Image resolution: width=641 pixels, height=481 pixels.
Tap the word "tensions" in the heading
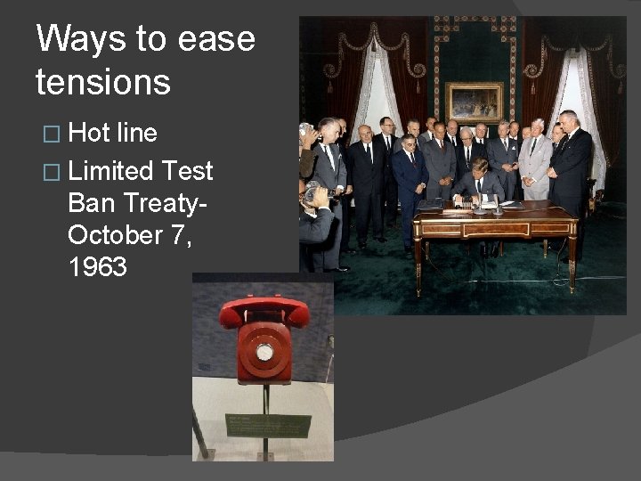click(102, 82)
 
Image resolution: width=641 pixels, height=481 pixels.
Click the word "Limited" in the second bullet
click(110, 170)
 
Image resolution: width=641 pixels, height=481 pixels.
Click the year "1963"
click(97, 266)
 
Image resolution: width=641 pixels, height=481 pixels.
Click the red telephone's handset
click(264, 311)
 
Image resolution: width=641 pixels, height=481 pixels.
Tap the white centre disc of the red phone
click(264, 352)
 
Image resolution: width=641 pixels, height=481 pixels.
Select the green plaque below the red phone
click(268, 425)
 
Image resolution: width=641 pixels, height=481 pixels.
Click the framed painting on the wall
click(474, 102)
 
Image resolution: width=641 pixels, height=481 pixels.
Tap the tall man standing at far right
click(570, 165)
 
